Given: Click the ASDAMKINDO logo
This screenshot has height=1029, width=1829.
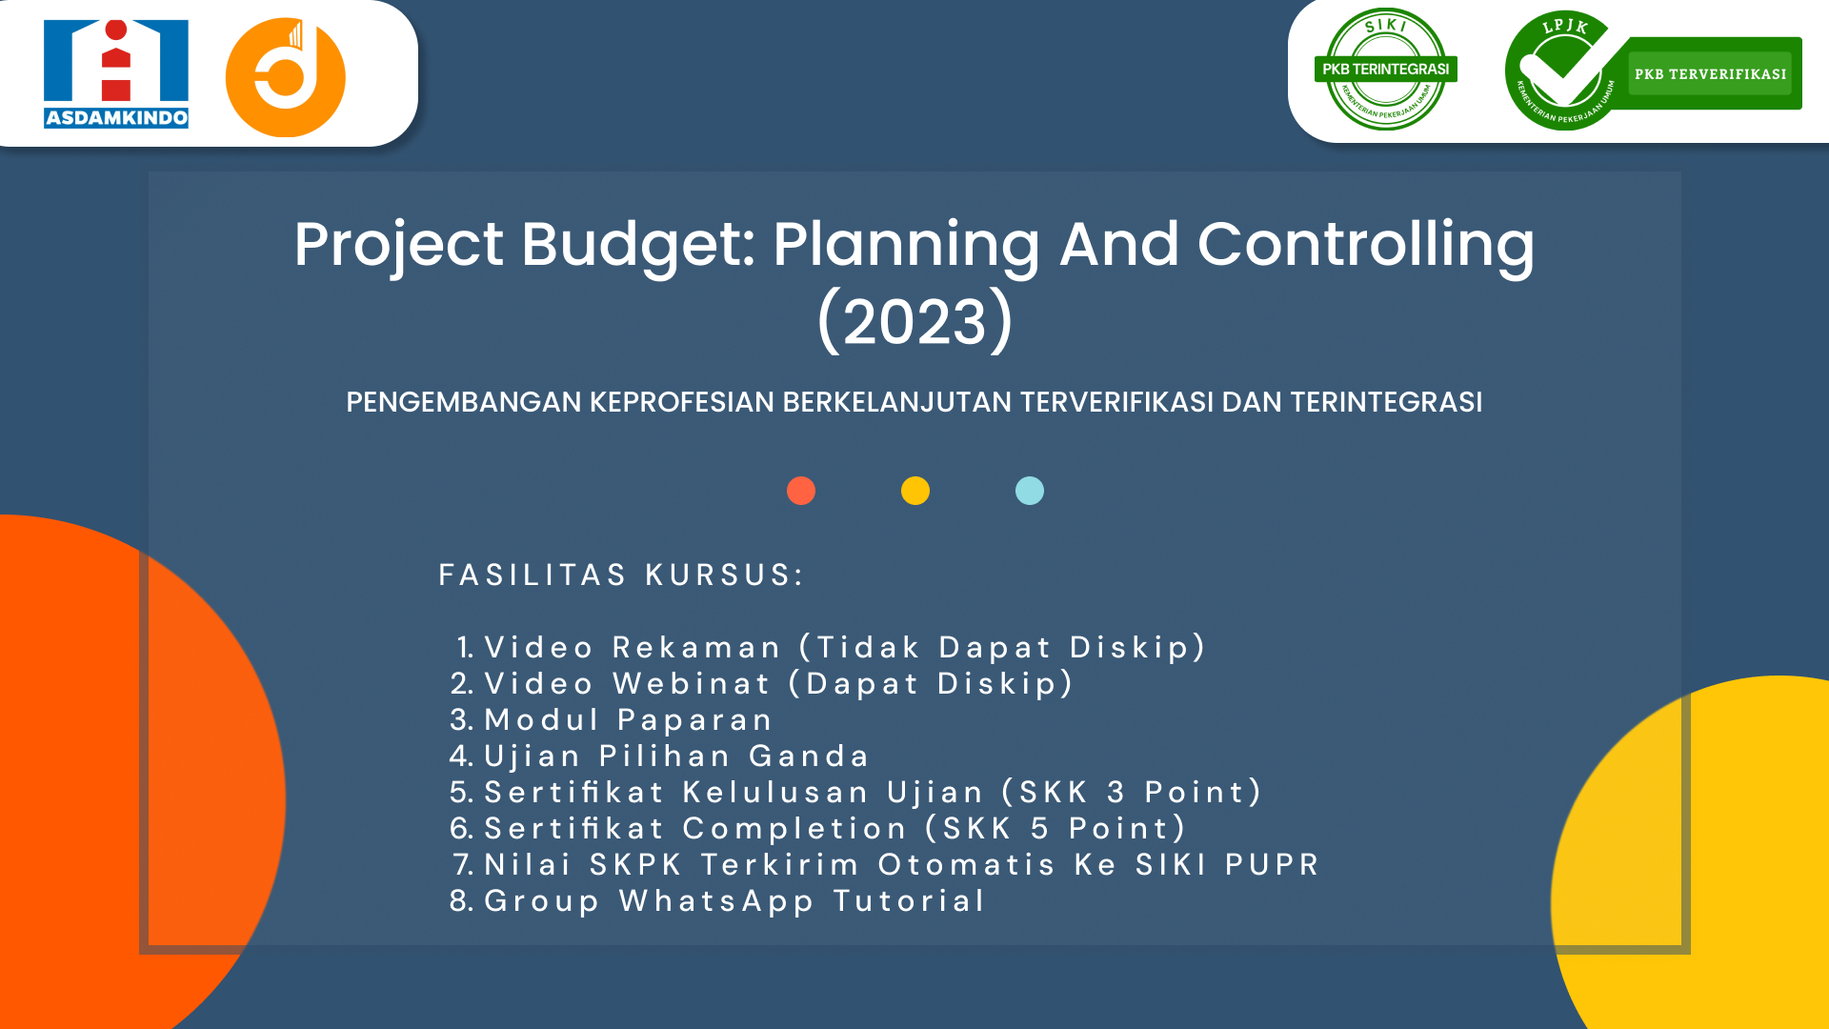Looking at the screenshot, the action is pos(116,74).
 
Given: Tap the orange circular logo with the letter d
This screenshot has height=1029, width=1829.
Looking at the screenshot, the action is pos(286,77).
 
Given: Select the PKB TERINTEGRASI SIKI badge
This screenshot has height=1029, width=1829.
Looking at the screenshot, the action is pos(1386,70).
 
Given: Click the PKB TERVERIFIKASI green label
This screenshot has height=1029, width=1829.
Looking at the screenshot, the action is pos(1710,73).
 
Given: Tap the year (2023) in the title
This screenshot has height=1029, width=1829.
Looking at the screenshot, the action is pos(915,321).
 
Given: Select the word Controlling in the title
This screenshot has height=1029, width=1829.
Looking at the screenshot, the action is pos(1366,246).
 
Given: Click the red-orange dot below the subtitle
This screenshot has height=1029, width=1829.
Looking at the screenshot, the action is pos(801,491).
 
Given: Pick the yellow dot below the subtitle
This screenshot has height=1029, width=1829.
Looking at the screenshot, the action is pos(915,491).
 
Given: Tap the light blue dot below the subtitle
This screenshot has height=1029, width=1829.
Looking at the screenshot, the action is pos(1030,491).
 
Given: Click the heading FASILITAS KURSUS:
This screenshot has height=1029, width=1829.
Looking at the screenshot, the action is pos(621,575).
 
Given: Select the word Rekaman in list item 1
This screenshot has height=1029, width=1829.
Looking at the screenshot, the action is pos(696,647).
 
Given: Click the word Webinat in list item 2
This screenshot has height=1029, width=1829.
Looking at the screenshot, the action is pos(692,683).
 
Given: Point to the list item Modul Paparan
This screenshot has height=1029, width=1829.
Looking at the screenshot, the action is pos(629,719).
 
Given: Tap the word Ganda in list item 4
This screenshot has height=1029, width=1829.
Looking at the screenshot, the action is pos(810,756).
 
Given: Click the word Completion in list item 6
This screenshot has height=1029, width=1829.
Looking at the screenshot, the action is pos(795,828).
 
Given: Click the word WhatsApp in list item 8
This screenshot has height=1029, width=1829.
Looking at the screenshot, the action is pos(716,900).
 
